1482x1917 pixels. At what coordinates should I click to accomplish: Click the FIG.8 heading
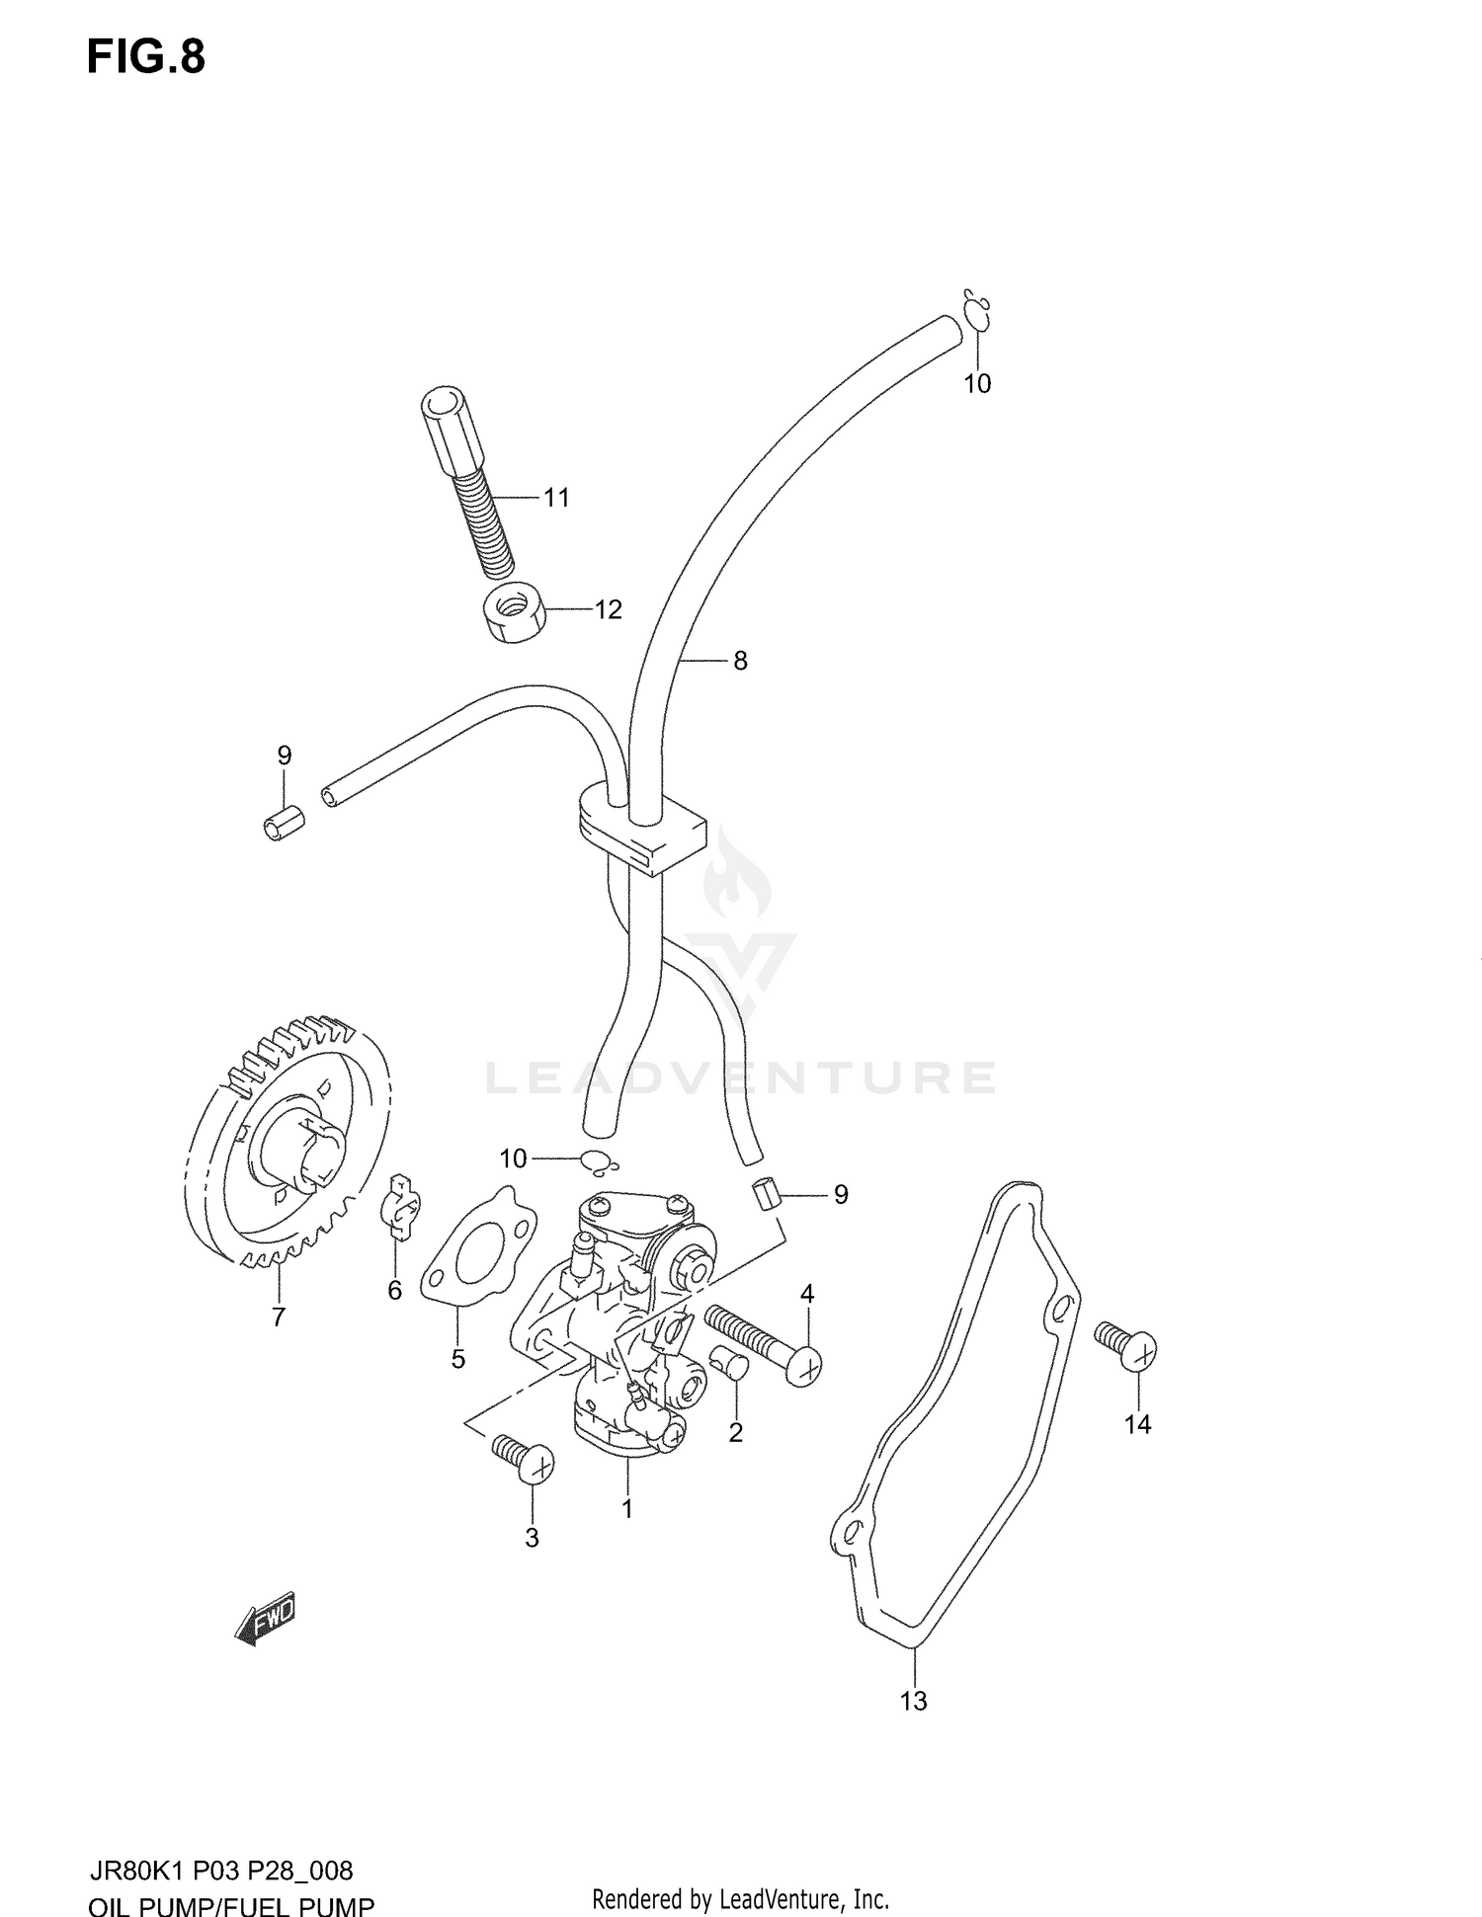[145, 57]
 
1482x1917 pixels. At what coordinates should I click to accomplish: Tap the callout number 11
[557, 498]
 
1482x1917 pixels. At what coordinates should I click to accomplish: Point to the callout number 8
[740, 662]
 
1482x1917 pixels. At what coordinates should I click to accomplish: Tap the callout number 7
[279, 1318]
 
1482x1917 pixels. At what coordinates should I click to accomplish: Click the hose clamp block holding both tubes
[641, 828]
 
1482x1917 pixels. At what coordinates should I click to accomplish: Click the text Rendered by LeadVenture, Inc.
[740, 1899]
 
